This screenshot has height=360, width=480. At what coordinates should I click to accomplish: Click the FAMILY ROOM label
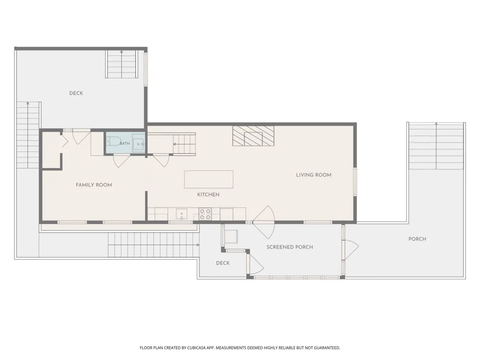coord(94,185)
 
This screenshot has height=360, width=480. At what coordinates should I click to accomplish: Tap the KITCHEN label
coord(208,195)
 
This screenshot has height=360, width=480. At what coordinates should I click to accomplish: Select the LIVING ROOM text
coord(313,175)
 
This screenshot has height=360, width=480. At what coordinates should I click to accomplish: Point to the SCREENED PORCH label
coord(289,247)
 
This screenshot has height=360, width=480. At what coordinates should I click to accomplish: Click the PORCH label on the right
coord(417,239)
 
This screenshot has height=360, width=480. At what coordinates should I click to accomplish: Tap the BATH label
coord(125,143)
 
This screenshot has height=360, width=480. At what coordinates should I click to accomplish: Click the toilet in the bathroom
coord(114,141)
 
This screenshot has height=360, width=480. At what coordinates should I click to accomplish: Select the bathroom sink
coord(138,143)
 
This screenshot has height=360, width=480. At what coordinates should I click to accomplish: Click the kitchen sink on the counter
coord(181,214)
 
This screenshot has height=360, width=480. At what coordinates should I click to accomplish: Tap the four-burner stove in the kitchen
coord(205,214)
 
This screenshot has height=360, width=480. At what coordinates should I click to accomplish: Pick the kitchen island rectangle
coord(208,180)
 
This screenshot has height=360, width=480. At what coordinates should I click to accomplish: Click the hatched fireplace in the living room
coord(253,136)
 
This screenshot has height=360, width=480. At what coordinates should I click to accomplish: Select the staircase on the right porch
coord(436,146)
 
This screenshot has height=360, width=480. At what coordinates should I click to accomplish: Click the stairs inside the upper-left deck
coord(121,64)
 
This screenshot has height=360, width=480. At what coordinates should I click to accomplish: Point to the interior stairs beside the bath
coord(184,144)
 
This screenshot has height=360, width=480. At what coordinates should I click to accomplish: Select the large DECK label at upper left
coord(76,94)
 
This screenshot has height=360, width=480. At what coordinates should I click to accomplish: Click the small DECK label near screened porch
coord(223,263)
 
